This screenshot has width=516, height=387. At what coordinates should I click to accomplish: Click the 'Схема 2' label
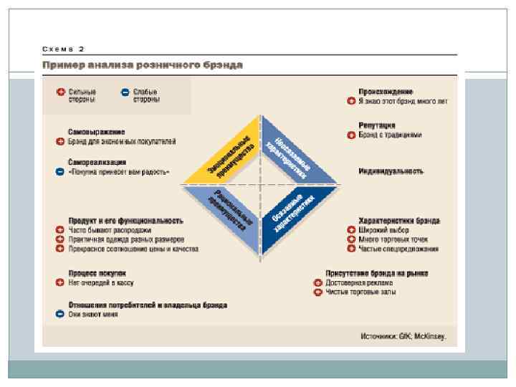tap(63, 48)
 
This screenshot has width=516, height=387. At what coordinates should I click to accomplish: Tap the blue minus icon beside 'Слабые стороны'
tap(125, 92)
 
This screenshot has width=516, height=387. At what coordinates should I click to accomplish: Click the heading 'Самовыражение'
tap(96, 133)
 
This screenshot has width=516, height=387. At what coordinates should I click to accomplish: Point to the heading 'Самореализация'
tap(98, 163)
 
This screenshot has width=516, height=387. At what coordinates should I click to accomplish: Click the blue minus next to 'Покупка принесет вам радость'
tap(60, 173)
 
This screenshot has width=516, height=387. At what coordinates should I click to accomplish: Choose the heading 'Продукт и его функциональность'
tap(125, 221)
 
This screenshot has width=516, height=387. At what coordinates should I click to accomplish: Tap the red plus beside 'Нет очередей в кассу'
tap(60, 283)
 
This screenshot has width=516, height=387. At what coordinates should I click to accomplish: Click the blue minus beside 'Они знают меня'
tap(60, 314)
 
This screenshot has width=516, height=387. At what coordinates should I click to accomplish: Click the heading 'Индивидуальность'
tap(391, 172)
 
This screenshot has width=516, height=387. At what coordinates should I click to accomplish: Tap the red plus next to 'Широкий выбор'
tap(351, 230)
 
